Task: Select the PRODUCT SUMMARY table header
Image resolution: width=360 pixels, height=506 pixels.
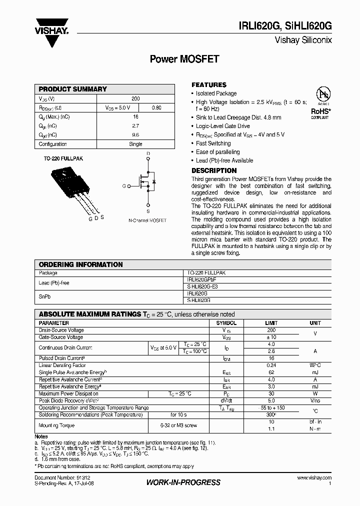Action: (73, 89)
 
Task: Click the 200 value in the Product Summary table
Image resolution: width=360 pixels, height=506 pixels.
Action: (135, 98)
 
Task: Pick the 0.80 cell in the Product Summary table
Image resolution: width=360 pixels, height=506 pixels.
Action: (156, 107)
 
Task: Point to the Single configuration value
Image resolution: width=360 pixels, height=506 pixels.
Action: (135, 144)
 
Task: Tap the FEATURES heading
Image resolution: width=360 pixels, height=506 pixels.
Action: (209, 85)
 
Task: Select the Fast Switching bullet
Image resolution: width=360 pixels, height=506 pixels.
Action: (213, 143)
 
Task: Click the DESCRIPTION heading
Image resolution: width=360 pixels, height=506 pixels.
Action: (214, 170)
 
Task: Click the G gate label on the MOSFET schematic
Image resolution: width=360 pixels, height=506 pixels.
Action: (123, 186)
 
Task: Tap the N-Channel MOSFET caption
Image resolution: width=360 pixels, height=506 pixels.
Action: (147, 220)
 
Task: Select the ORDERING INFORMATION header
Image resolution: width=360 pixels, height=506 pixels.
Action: (81, 264)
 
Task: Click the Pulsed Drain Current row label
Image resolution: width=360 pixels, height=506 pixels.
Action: (61, 358)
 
